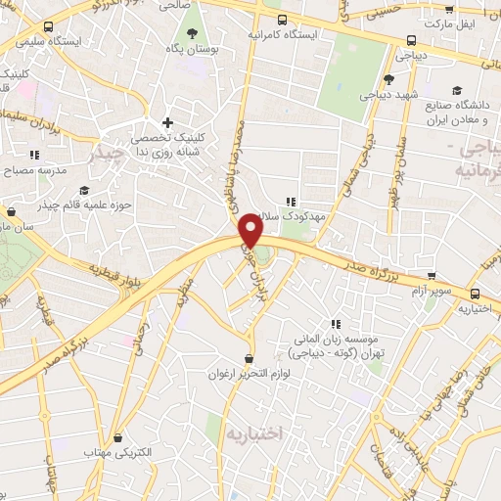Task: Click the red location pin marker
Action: tap(252, 230)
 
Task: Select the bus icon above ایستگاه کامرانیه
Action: tap(283, 20)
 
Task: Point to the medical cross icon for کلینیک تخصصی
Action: tap(167, 123)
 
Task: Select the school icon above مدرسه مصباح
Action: tap(35, 155)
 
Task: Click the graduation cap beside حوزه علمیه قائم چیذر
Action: tap(84, 190)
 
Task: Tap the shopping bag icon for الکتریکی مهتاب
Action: tap(118, 437)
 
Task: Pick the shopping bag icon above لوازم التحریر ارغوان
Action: tap(250, 358)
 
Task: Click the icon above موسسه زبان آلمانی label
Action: tap(336, 324)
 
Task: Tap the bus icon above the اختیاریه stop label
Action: tap(475, 293)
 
